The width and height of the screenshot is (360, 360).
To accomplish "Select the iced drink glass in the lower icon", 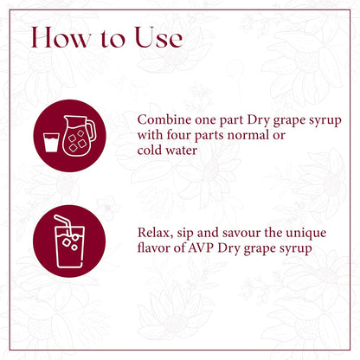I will click(x=69, y=247).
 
